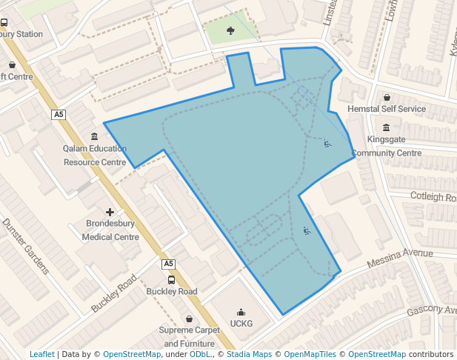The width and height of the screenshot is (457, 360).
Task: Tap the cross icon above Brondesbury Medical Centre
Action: (110, 213)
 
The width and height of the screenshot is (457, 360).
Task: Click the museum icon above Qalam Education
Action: (94, 136)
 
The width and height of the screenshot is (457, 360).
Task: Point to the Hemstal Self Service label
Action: (387, 109)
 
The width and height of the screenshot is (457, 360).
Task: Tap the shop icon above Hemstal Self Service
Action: (387, 97)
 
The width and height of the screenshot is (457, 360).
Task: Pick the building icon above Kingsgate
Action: (386, 127)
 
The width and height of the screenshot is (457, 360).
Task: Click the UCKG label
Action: (241, 324)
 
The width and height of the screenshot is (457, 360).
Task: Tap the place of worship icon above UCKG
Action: (241, 312)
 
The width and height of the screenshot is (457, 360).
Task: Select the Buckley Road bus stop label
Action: (172, 292)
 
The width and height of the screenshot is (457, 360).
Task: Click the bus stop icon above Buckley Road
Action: (172, 279)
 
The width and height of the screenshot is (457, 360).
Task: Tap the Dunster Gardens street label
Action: (25, 246)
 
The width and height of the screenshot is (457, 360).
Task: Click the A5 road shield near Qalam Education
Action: (59, 115)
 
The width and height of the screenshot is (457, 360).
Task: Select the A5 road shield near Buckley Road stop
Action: (168, 264)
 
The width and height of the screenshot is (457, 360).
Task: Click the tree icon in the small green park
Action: (230, 30)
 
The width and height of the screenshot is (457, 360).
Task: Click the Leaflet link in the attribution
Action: (42, 354)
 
